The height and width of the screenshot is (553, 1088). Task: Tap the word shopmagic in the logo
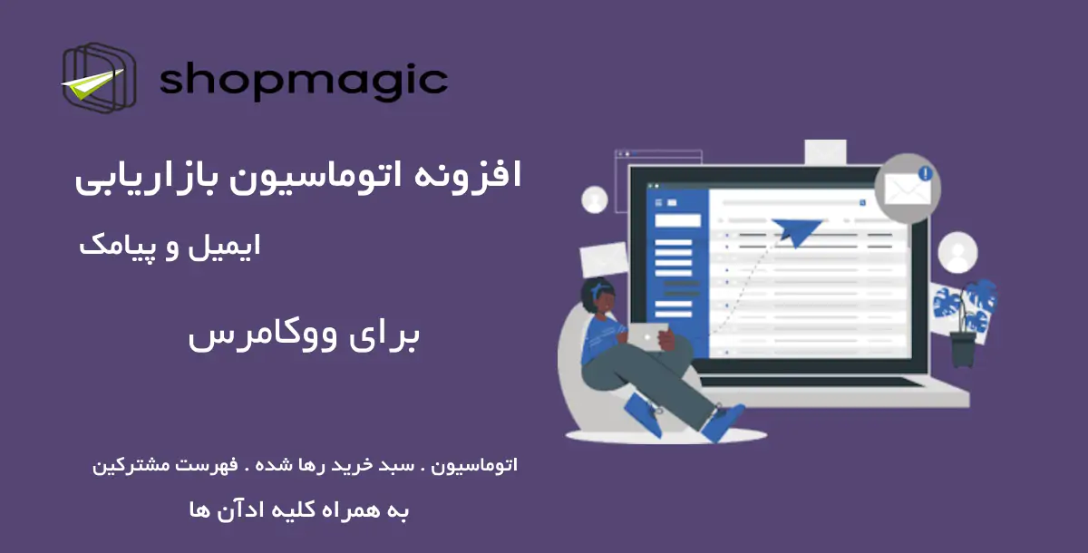(303, 81)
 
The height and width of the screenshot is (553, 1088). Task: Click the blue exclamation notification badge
(925, 172)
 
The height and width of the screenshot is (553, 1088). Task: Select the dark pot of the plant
(964, 349)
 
